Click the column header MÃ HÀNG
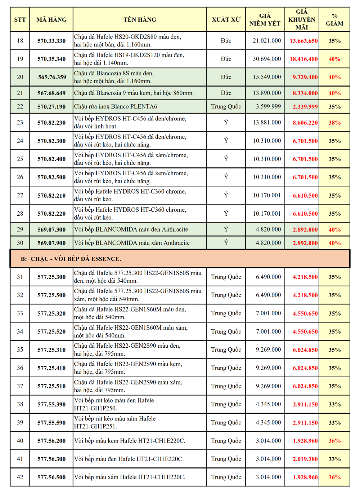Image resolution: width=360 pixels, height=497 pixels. click(51, 19)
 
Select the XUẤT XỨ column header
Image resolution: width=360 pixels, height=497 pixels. click(226, 19)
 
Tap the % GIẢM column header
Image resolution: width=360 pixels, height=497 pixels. click(334, 19)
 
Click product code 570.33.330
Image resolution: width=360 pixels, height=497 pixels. click(51, 41)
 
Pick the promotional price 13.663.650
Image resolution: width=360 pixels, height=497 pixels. click(303, 41)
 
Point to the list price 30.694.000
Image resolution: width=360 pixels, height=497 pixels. click(267, 59)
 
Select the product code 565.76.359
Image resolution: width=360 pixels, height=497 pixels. click(52, 77)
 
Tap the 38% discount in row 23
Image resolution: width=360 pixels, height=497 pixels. click(334, 123)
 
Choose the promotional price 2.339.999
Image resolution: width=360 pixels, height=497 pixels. click(305, 107)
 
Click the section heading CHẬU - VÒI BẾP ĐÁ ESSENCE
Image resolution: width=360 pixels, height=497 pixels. click(76, 259)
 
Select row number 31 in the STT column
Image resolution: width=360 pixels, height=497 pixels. click(20, 277)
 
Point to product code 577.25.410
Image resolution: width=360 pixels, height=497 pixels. click(51, 368)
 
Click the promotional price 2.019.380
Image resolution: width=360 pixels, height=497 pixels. click(305, 459)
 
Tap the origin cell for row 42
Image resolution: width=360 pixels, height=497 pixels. click(226, 477)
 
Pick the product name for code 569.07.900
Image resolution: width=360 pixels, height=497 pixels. click(132, 243)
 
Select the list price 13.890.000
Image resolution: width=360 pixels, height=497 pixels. click(267, 93)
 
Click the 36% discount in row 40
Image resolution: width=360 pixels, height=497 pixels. click(334, 441)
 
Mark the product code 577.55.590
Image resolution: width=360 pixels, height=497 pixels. click(51, 423)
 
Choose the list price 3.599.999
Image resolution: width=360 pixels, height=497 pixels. click(268, 106)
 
